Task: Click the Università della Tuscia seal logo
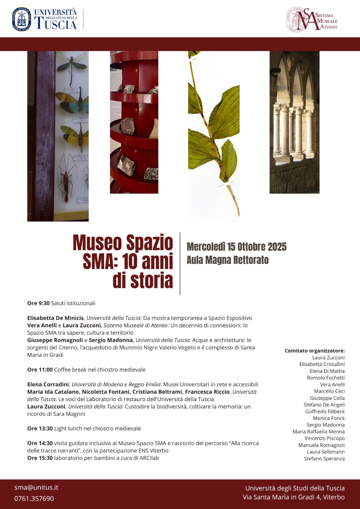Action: [22, 19]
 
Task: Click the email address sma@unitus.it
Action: [36, 487]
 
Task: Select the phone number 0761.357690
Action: [34, 499]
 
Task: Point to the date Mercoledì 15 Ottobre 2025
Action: [236, 247]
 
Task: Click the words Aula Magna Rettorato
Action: [228, 260]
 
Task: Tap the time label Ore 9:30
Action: [39, 303]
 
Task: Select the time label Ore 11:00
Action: [40, 370]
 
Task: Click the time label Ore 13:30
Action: [40, 429]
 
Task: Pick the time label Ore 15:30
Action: [40, 458]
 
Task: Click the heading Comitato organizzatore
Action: [314, 351]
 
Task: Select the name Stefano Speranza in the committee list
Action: [324, 459]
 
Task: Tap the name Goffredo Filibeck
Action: [325, 412]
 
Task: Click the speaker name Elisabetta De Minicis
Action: [56, 318]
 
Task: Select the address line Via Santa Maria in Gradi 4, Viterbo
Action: [293, 497]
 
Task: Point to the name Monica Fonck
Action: [328, 418]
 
